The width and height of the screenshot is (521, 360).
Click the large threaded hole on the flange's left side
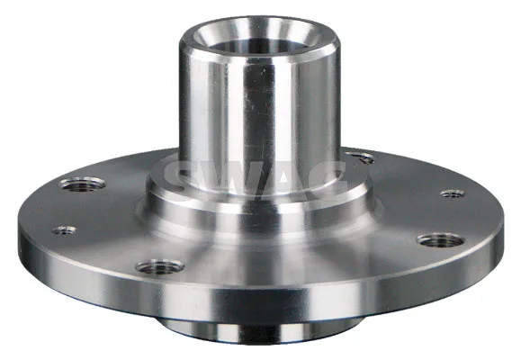click(x=83, y=184)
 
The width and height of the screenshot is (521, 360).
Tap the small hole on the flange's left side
click(x=64, y=229)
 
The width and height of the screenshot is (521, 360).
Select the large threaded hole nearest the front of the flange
click(x=160, y=267)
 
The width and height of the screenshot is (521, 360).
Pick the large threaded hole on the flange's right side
click(x=441, y=240)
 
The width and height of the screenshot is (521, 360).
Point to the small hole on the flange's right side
click(x=453, y=193)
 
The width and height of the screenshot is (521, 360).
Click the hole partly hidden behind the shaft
click(x=361, y=157)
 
